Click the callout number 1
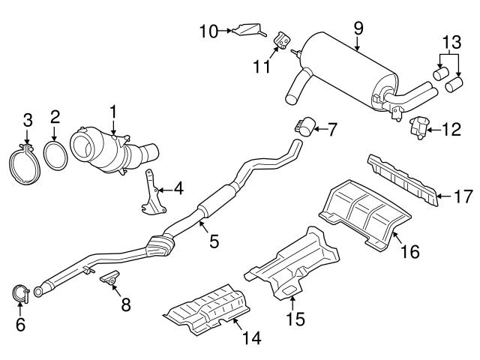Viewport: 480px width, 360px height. (113, 113)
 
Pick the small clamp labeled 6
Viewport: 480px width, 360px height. (21, 294)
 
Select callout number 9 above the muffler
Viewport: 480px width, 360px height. (358, 28)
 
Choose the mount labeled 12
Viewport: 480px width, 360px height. (419, 129)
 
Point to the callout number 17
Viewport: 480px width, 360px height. (462, 198)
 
